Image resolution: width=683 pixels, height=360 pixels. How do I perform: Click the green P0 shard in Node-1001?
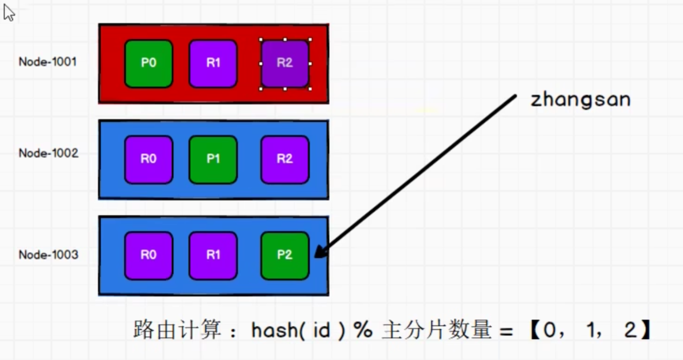click(148, 63)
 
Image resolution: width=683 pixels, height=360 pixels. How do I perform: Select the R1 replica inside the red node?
click(213, 63)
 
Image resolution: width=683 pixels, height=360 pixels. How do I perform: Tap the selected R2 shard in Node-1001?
click(285, 63)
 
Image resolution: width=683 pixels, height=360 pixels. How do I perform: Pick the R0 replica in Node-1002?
click(148, 159)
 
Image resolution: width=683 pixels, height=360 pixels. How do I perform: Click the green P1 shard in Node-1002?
click(213, 159)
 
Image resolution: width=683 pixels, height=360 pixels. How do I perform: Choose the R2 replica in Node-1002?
click(285, 159)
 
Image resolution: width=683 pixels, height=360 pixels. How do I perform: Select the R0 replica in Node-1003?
click(148, 256)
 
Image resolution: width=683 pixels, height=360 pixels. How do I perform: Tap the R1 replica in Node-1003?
click(213, 256)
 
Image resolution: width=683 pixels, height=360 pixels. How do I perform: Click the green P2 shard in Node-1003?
click(285, 256)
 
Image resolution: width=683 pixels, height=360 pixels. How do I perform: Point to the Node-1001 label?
click(48, 62)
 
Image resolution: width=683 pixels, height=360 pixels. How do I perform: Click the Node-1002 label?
click(48, 153)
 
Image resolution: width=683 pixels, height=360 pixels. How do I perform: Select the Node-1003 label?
click(48, 254)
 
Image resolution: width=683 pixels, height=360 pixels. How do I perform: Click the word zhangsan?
click(580, 100)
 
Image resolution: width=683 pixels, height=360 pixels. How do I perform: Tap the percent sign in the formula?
click(362, 330)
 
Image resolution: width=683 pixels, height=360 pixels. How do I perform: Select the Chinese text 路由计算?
click(178, 330)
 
